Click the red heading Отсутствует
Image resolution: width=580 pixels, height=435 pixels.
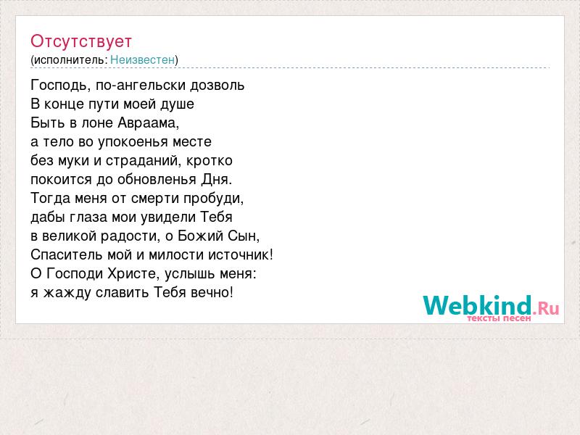81,41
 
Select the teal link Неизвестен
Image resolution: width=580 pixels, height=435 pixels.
142,59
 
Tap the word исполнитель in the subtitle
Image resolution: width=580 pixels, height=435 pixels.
69,60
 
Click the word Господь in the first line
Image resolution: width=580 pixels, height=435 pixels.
59,86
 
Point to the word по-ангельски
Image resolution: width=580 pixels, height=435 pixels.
141,86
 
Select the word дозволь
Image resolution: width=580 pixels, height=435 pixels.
217,86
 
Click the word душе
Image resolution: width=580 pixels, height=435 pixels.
177,104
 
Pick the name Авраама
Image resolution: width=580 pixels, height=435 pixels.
147,123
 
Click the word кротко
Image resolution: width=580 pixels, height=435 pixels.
210,161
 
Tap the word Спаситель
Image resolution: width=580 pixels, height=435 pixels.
67,255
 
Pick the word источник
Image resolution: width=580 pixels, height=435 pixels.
239,255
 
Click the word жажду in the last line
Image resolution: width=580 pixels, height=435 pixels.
67,293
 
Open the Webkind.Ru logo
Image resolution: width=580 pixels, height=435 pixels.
491,307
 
